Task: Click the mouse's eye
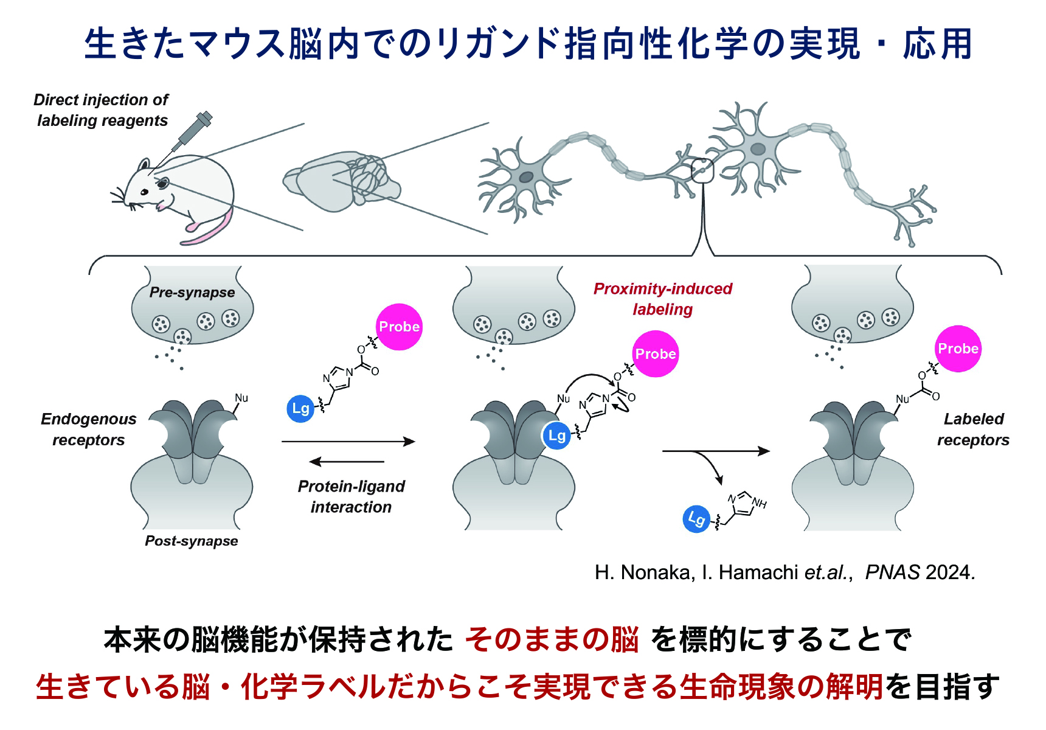(145, 192)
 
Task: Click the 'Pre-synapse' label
(192, 293)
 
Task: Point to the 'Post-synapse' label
(192, 541)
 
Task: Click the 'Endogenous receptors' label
(89, 429)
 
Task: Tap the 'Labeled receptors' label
(973, 429)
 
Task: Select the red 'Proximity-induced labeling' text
(663, 299)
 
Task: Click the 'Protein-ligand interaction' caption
(352, 496)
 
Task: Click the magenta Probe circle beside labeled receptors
(958, 349)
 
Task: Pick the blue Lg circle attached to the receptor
(556, 436)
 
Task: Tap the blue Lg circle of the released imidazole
(696, 519)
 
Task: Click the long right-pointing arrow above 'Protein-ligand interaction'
(348, 442)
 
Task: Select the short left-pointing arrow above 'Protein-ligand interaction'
(347, 462)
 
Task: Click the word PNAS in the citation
(892, 572)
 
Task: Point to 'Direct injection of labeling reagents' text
(102, 110)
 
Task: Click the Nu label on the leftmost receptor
(241, 398)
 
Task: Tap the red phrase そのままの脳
(552, 640)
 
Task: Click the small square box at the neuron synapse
(702, 171)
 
